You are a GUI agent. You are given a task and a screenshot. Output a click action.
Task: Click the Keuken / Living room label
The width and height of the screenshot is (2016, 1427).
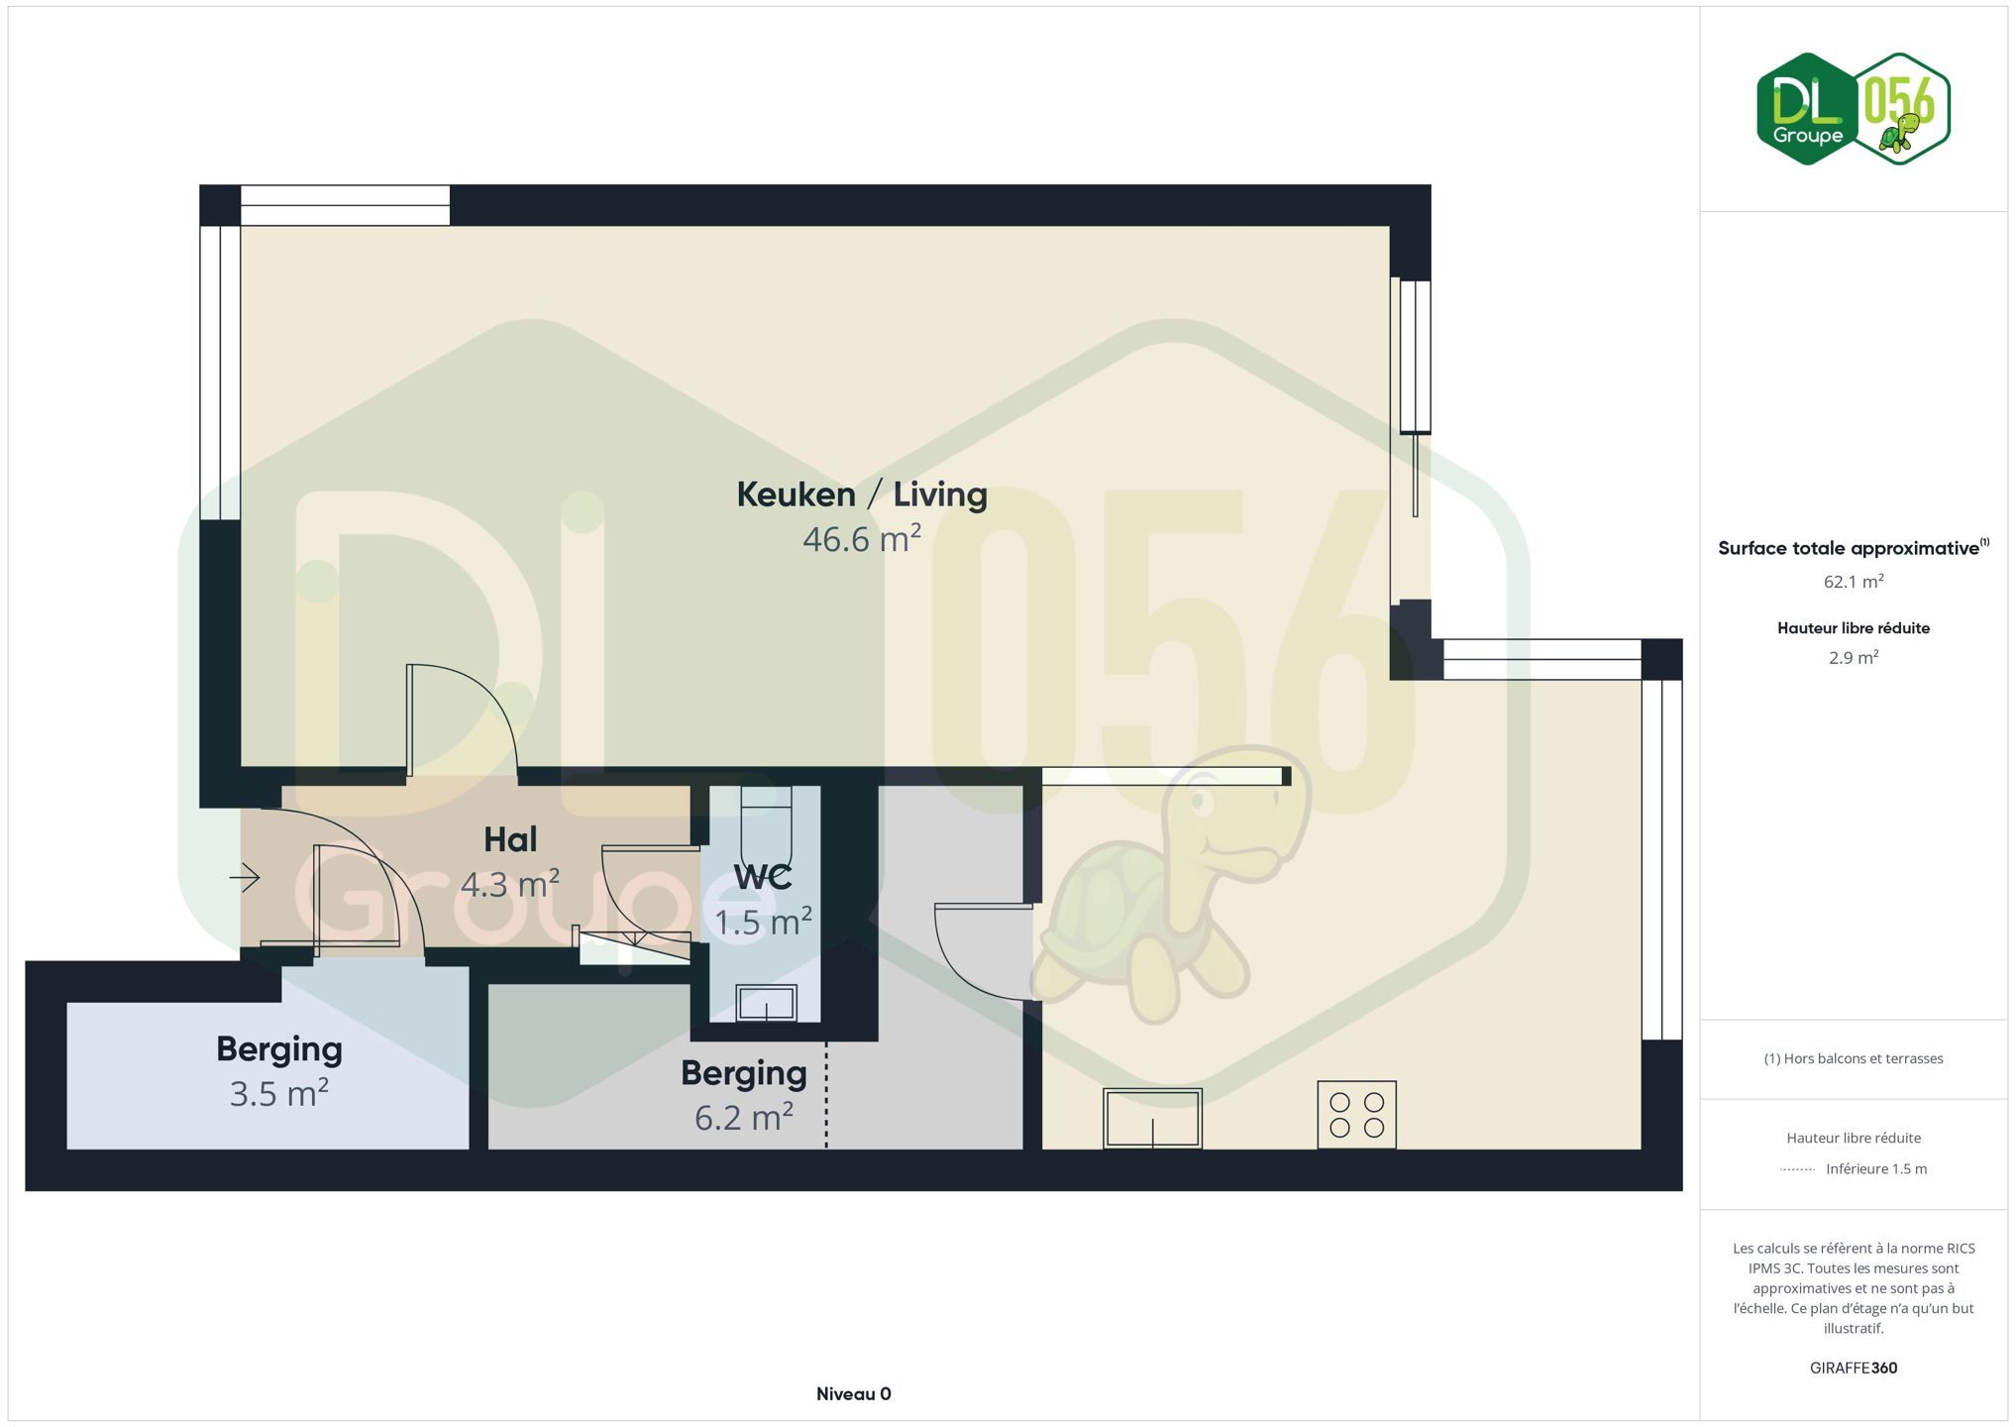click(862, 494)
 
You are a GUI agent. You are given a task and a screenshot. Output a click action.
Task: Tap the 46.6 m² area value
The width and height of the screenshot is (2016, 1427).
click(862, 539)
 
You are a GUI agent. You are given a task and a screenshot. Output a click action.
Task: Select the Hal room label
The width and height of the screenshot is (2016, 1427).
click(510, 839)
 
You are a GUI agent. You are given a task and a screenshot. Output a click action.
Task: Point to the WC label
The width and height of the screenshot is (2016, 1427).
click(763, 877)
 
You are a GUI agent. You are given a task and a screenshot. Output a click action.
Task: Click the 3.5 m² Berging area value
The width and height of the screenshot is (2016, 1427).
click(279, 1093)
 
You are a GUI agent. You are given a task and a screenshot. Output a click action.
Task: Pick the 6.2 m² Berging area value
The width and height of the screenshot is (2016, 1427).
click(744, 1117)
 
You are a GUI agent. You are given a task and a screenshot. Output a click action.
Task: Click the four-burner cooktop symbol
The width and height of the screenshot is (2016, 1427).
click(1357, 1115)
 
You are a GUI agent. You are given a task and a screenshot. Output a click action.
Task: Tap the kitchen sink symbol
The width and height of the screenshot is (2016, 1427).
click(1152, 1119)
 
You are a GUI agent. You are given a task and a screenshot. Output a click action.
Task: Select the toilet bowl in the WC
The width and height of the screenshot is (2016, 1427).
click(767, 828)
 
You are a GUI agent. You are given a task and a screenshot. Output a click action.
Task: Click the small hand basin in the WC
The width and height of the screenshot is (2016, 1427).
click(767, 1003)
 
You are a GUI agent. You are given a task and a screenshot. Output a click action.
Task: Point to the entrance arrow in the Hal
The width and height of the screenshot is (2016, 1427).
click(245, 877)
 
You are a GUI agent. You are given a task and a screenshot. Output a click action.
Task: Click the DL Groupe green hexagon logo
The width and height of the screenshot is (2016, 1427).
click(1808, 109)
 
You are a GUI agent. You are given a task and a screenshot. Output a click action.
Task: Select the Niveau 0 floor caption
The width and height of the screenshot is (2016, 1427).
click(854, 1394)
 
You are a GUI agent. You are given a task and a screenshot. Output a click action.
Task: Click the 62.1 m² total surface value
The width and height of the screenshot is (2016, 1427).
click(1854, 582)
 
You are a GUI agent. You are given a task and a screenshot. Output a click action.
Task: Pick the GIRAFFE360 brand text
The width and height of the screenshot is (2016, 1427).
click(1854, 1369)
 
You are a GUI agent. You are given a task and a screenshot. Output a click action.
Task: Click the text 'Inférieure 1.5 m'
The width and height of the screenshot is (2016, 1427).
click(1876, 1169)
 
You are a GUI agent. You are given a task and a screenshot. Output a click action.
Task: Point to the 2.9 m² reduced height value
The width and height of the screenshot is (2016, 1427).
click(1854, 658)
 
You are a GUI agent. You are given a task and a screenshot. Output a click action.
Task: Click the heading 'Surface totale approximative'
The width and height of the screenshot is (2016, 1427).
click(1848, 549)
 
